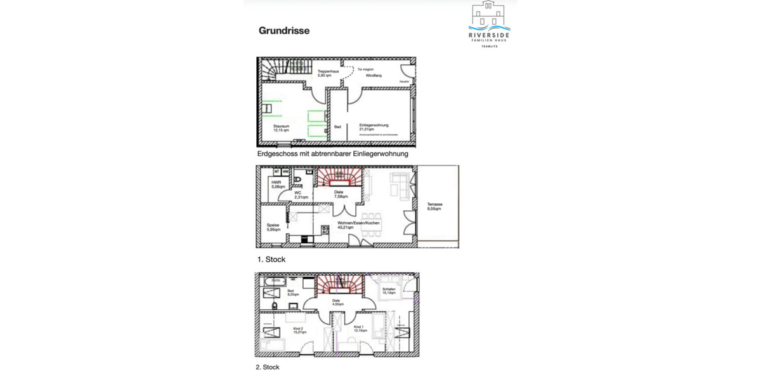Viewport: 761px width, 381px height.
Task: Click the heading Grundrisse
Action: (283, 30)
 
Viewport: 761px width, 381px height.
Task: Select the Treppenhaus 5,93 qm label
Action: (328, 73)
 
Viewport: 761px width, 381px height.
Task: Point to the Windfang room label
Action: (374, 76)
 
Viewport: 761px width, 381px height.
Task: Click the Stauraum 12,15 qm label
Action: (281, 128)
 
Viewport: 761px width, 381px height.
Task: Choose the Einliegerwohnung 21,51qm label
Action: (374, 128)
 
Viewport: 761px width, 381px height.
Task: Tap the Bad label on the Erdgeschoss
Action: (337, 127)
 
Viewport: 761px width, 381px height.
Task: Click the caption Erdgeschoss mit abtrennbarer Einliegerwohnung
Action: (332, 154)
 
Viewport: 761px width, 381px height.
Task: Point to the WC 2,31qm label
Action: (301, 195)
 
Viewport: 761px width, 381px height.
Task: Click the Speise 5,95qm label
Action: (273, 227)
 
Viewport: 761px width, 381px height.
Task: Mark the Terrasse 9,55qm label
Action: (434, 206)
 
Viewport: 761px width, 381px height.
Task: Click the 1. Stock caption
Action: (271, 260)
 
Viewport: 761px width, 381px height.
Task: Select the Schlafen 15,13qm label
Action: (388, 291)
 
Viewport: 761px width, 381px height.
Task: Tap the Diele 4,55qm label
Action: (336, 302)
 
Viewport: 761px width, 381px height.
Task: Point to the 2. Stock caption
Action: (268, 367)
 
